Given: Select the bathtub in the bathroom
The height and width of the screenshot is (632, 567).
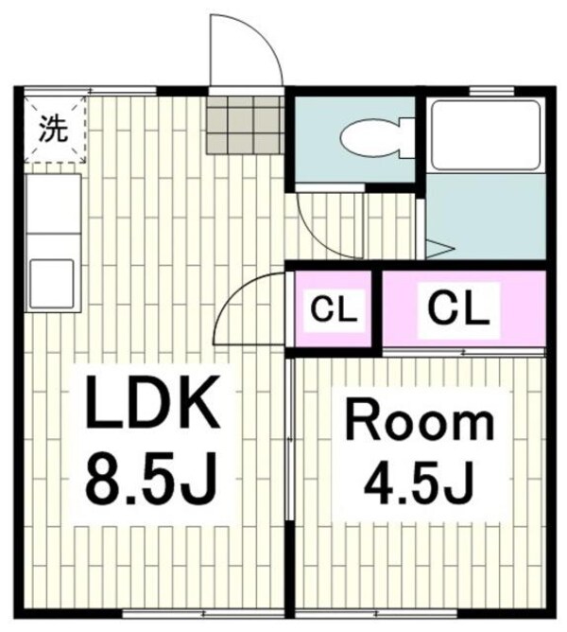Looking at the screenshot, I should pos(484,134).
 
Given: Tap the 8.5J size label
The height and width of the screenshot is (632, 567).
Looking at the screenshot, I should pos(153,482).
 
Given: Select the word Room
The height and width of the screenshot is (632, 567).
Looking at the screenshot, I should pos(418,422).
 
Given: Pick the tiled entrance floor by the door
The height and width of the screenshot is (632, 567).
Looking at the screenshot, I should pos(245,125).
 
